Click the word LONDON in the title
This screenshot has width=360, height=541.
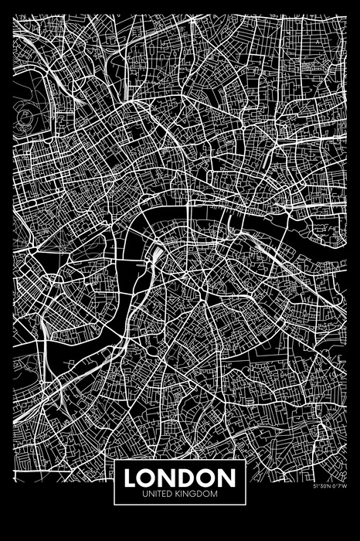179,476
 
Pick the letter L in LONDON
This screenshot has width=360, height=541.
132,476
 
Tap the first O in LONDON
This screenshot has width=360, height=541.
150,476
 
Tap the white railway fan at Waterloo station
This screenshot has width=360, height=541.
157,255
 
